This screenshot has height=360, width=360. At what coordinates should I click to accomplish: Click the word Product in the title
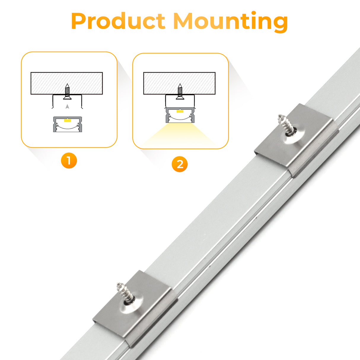(118, 21)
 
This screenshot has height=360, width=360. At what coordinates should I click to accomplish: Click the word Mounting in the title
(230, 21)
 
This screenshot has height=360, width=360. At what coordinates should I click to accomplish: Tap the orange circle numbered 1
(69, 161)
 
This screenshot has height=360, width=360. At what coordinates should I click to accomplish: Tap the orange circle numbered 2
(180, 164)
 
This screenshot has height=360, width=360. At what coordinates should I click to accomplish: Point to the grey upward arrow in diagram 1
(67, 106)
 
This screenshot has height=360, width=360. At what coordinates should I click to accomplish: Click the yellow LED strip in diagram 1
(67, 120)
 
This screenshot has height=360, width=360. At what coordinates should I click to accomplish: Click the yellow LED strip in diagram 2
(180, 111)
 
